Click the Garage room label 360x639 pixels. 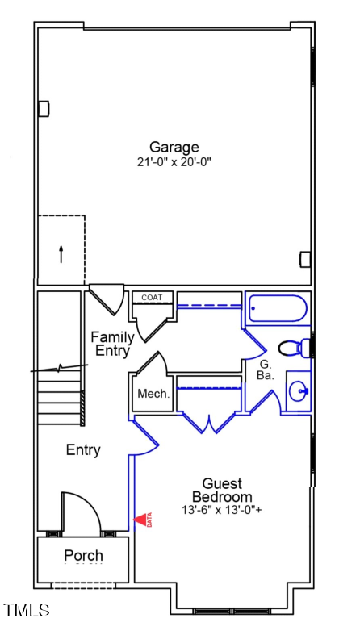coord(174,147)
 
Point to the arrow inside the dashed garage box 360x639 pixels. coord(61,253)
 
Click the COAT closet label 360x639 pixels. coord(152,298)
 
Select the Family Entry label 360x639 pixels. coord(112,344)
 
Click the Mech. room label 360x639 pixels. coord(153,395)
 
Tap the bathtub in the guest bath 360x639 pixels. coord(278,309)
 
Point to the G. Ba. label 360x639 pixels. coord(265,369)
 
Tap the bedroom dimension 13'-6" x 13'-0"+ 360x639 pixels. coord(222,511)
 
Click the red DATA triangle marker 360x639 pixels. coord(143,520)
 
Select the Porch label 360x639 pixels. coord(84,556)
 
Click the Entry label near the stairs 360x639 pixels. coord(83,450)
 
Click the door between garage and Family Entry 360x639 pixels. coord(106,299)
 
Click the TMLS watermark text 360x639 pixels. coord(27,610)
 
